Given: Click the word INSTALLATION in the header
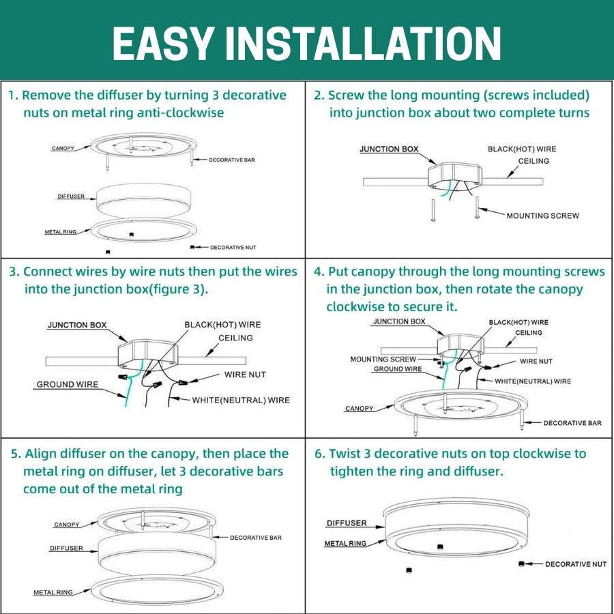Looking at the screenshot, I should [x=364, y=43].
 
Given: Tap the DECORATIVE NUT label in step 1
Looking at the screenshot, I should [x=233, y=247].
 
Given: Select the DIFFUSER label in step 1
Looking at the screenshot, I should [x=71, y=196].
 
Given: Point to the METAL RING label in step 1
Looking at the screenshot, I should [x=61, y=232].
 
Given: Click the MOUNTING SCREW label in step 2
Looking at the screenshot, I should [x=542, y=216].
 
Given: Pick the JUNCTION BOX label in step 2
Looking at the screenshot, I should [x=389, y=149].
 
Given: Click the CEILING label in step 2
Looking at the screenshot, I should [x=533, y=161].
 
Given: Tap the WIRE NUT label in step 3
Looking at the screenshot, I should [x=245, y=375].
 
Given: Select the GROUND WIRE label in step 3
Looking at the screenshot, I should [x=68, y=385].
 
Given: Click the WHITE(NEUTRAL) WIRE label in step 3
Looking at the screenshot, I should [x=241, y=400].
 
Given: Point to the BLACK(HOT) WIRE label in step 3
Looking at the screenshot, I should [x=222, y=325].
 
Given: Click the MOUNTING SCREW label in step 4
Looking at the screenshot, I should [x=383, y=359].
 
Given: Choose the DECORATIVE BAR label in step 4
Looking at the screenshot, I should [x=572, y=423].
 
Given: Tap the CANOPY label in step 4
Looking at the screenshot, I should [x=359, y=409].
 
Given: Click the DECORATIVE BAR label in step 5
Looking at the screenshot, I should [x=255, y=538].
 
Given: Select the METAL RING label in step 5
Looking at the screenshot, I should [x=53, y=592].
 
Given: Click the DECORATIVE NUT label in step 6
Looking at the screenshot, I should [x=575, y=564].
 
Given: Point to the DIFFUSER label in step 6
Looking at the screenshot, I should [x=346, y=523].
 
